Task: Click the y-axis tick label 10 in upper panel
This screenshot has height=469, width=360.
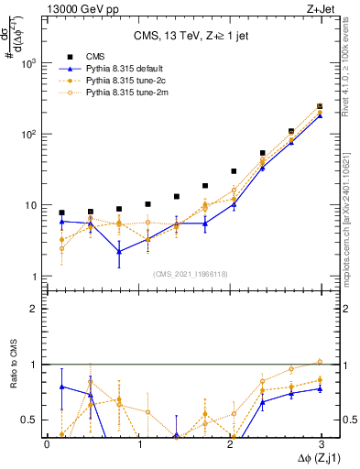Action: click(33, 205)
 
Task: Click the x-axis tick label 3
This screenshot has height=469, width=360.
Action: click(322, 444)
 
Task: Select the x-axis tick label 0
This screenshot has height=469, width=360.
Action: click(47, 444)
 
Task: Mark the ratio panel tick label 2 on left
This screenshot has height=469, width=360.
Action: click(37, 309)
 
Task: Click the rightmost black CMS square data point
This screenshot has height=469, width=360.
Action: click(320, 106)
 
